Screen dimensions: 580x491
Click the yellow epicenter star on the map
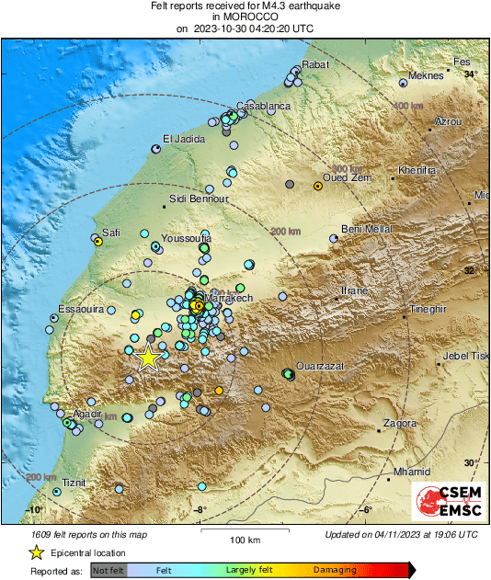pos(148,358)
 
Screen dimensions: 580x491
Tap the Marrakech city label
pos(228,299)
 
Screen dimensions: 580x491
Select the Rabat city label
pos(316,64)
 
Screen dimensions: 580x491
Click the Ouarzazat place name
pos(318,365)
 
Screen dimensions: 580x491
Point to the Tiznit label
pos(73,482)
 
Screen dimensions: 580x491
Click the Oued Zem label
pos(346,177)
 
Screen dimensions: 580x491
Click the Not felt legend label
pos(108,571)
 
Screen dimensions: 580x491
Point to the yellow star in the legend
pos(36,552)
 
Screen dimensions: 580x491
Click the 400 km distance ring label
pos(410,107)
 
